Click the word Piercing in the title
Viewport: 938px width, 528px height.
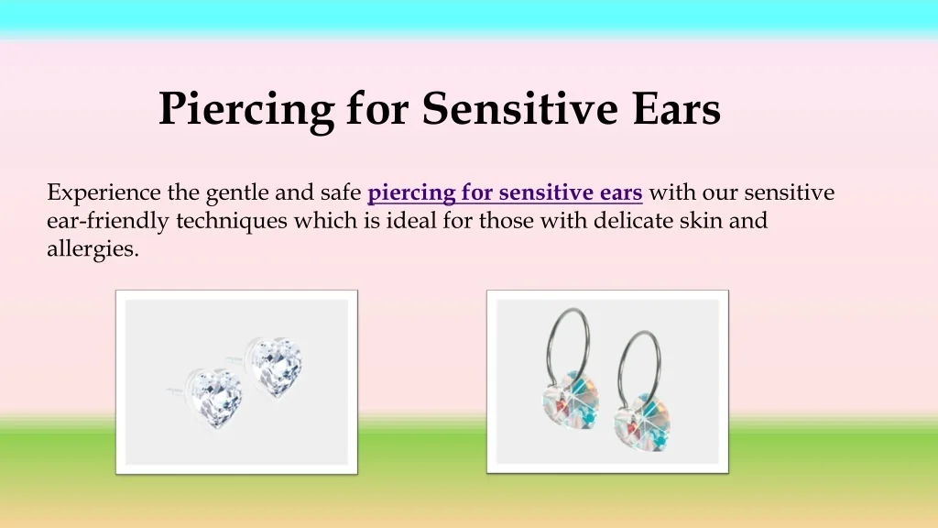pos(245,110)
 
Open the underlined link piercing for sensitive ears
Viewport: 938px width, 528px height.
pos(505,193)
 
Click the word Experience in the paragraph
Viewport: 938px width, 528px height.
pos(104,193)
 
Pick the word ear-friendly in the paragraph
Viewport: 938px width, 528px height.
pos(108,221)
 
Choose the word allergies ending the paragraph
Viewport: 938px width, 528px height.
pos(92,248)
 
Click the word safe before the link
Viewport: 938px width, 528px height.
pos(341,193)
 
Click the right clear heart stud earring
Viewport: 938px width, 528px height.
pos(274,364)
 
